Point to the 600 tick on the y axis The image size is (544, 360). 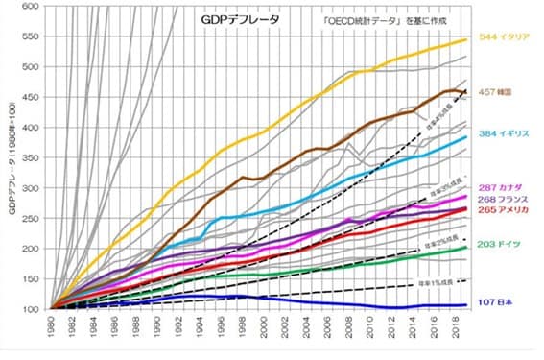click(30, 7)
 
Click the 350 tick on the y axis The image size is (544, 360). click(30, 158)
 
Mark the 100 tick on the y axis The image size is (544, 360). click(30, 309)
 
